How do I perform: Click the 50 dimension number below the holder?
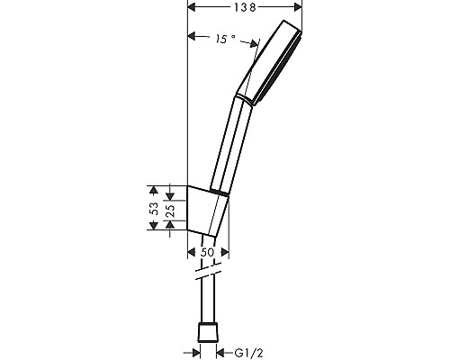click(207, 253)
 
